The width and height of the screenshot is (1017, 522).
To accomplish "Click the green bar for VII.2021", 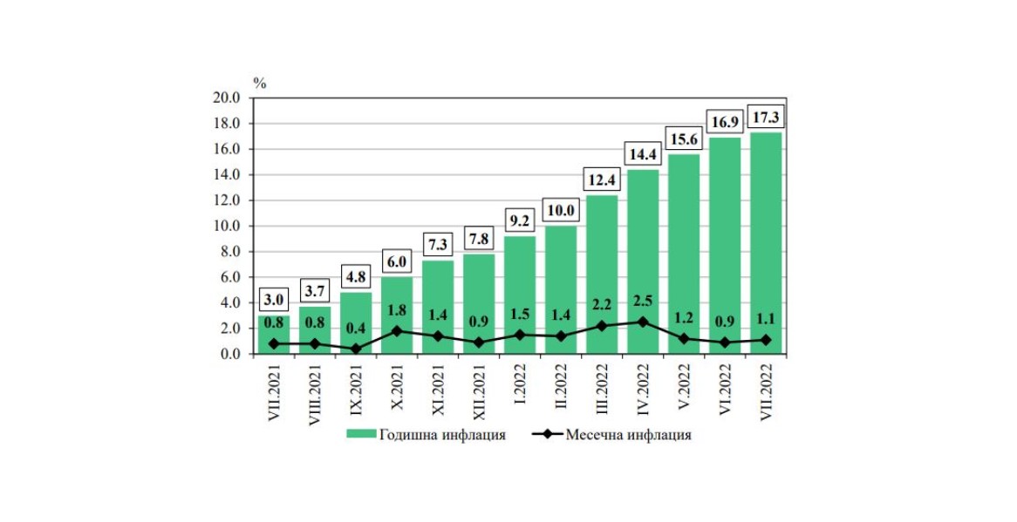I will [x=274, y=336].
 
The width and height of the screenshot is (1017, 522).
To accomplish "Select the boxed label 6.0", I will [x=397, y=259].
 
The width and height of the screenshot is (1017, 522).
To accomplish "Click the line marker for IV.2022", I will [x=643, y=322].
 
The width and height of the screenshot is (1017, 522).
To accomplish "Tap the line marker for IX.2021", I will [x=356, y=349].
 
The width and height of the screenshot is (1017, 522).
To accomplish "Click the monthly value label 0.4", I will [x=356, y=329].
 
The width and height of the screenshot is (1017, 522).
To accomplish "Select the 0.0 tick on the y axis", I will [x=229, y=354].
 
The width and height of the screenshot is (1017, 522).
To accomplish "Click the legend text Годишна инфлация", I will [x=442, y=435].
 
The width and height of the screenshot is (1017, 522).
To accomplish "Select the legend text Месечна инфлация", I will [x=628, y=435].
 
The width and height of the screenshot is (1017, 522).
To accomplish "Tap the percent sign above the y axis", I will [x=259, y=83].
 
